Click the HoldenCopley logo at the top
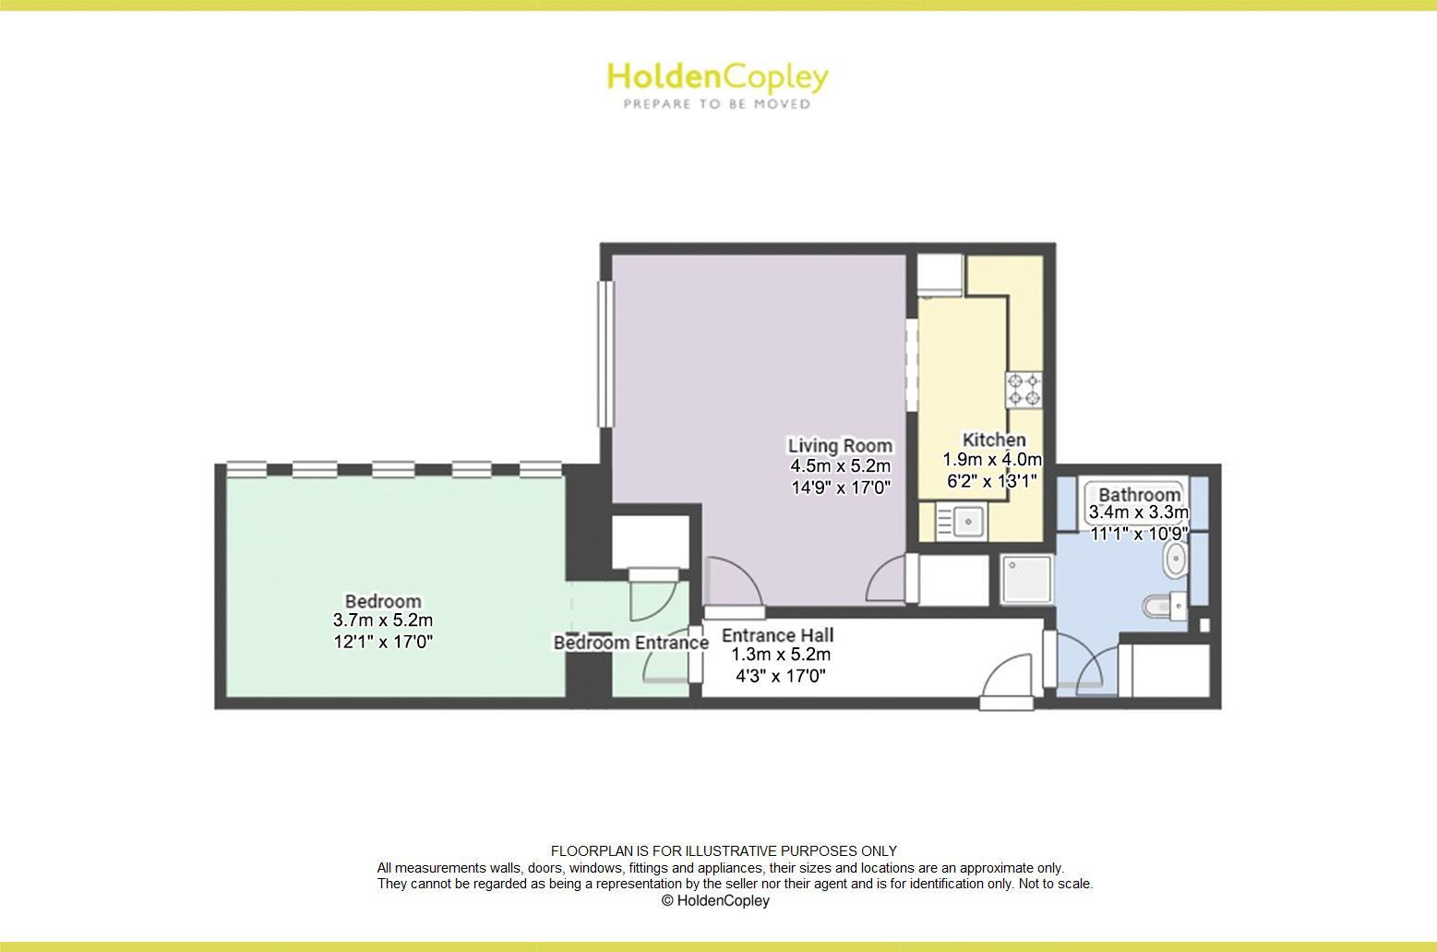(717, 78)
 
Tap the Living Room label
(840, 445)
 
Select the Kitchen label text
(993, 440)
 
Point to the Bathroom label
(1139, 494)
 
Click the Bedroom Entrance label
(630, 643)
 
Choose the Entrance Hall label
(777, 635)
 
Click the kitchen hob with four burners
(1024, 389)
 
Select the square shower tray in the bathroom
(1024, 580)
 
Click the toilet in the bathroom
(1163, 607)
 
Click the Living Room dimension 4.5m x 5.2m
(840, 466)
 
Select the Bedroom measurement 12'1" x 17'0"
(383, 641)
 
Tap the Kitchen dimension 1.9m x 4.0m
(992, 460)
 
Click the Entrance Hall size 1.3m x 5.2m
(781, 655)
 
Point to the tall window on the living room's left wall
(605, 353)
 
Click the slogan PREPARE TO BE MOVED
(717, 104)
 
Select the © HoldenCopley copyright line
(715, 900)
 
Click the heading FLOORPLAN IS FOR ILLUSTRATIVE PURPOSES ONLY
(724, 850)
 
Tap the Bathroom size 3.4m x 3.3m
(1139, 512)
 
